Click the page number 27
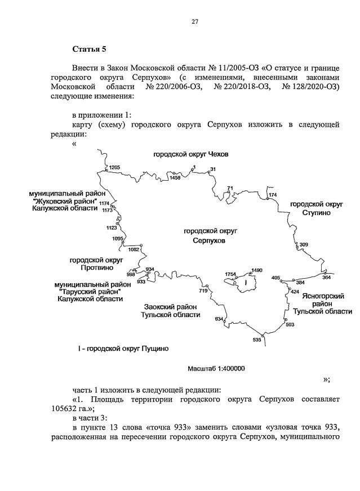click(194, 22)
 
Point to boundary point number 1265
click(115, 167)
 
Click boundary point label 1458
click(175, 178)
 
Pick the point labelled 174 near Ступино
click(273, 195)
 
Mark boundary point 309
click(304, 244)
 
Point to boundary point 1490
click(257, 270)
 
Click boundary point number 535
click(257, 340)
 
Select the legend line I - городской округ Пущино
click(123, 349)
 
